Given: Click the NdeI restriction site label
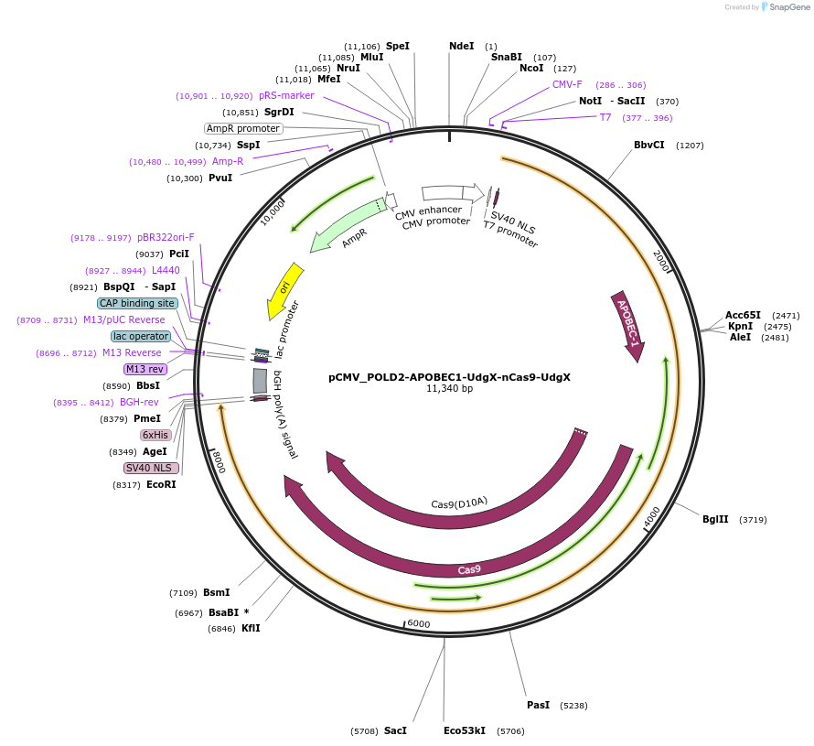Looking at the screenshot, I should [x=462, y=46].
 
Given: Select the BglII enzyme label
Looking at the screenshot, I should [x=715, y=519].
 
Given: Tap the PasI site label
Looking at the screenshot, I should [x=538, y=705].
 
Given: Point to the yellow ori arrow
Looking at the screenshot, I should [x=284, y=290].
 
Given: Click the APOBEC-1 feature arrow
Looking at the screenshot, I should [x=629, y=326].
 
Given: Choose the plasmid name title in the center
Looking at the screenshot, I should [x=449, y=376].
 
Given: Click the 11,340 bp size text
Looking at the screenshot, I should [x=449, y=389].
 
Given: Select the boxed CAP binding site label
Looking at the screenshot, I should [x=137, y=303].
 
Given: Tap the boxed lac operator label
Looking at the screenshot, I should [x=141, y=336].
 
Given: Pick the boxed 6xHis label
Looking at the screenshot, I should [x=155, y=435].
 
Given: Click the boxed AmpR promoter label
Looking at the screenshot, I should [x=242, y=128].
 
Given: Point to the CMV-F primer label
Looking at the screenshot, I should [x=567, y=84].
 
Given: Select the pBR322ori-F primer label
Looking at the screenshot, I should [x=166, y=237].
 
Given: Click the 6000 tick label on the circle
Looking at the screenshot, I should [x=418, y=623].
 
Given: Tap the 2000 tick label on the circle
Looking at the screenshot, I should [x=664, y=260].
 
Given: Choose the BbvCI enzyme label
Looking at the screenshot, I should [x=649, y=145].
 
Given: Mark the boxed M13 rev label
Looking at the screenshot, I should [x=145, y=369].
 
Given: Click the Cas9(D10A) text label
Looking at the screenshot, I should [x=459, y=503].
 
